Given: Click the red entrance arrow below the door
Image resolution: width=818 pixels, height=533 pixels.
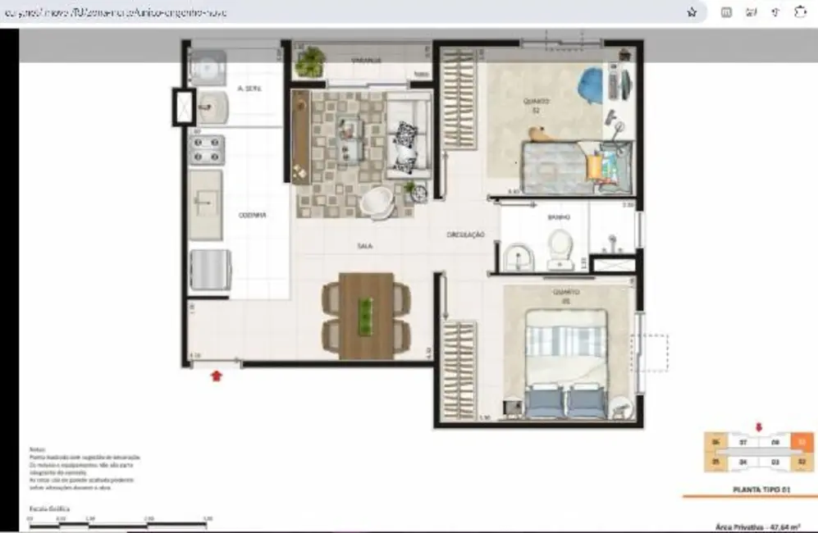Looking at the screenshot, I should tap(217, 376).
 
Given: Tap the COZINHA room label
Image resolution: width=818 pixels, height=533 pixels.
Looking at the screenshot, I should tap(252, 215).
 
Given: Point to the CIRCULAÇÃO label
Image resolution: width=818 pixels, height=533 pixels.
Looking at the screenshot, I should tap(465, 235).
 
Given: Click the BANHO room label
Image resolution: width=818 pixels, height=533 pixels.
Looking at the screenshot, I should tap(560, 218).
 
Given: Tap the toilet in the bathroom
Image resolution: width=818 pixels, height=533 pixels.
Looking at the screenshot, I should tap(560, 248).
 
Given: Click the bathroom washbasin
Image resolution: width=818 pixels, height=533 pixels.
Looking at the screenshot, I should tap(518, 257).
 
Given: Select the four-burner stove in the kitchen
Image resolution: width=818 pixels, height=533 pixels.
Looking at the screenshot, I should tap(206, 149).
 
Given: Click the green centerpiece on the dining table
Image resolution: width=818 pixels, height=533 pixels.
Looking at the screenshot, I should tap(366, 315).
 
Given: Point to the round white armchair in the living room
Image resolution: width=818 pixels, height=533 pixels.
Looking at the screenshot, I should tap(378, 203).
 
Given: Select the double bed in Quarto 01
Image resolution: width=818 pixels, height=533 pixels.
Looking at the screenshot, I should tap(566, 361).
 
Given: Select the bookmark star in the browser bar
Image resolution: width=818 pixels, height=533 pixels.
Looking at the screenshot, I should tap(692, 12).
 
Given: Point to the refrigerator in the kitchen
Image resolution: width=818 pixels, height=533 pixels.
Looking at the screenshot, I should tap(211, 271).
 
